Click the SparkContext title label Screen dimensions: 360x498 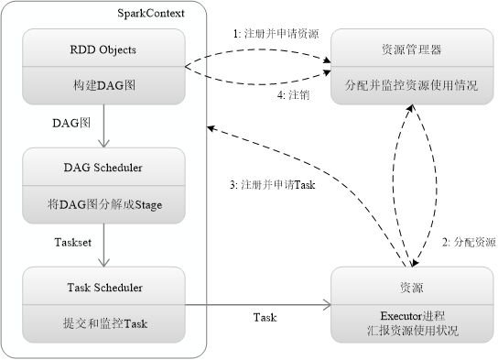(x=151, y=13)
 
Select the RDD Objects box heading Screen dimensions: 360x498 (x=104, y=49)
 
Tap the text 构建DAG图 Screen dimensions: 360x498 (x=104, y=84)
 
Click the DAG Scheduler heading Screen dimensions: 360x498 (x=104, y=168)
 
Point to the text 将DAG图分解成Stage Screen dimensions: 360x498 (x=104, y=203)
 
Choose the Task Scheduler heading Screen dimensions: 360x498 (x=104, y=287)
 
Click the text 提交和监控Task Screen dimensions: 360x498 (x=104, y=322)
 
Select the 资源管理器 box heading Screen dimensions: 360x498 (x=405, y=49)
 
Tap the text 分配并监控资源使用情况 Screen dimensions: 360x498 (x=405, y=84)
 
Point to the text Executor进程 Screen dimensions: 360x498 (x=405, y=313)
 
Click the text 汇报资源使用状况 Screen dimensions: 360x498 (x=405, y=330)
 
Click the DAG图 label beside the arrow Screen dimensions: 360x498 (x=70, y=122)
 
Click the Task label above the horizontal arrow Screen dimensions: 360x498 (x=265, y=317)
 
